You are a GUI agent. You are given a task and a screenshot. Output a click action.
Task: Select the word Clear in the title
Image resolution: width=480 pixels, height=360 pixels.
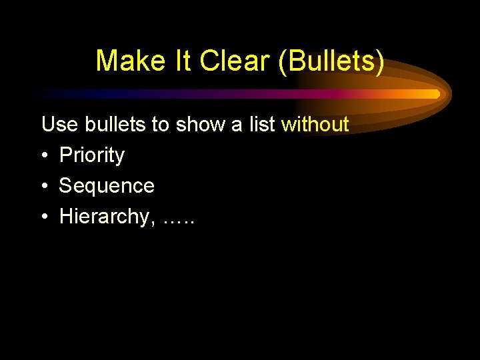(x=228, y=61)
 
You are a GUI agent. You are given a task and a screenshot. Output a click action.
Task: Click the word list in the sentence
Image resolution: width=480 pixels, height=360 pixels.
(x=262, y=125)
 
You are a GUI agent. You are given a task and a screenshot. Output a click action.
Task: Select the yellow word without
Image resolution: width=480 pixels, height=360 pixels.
(x=315, y=125)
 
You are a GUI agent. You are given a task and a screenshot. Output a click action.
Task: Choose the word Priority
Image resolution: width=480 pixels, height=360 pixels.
(x=92, y=155)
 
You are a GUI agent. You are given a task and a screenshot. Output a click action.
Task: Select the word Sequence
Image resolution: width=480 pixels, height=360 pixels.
(x=107, y=186)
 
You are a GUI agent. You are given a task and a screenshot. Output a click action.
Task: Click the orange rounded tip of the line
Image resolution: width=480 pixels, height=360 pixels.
(x=435, y=94)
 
